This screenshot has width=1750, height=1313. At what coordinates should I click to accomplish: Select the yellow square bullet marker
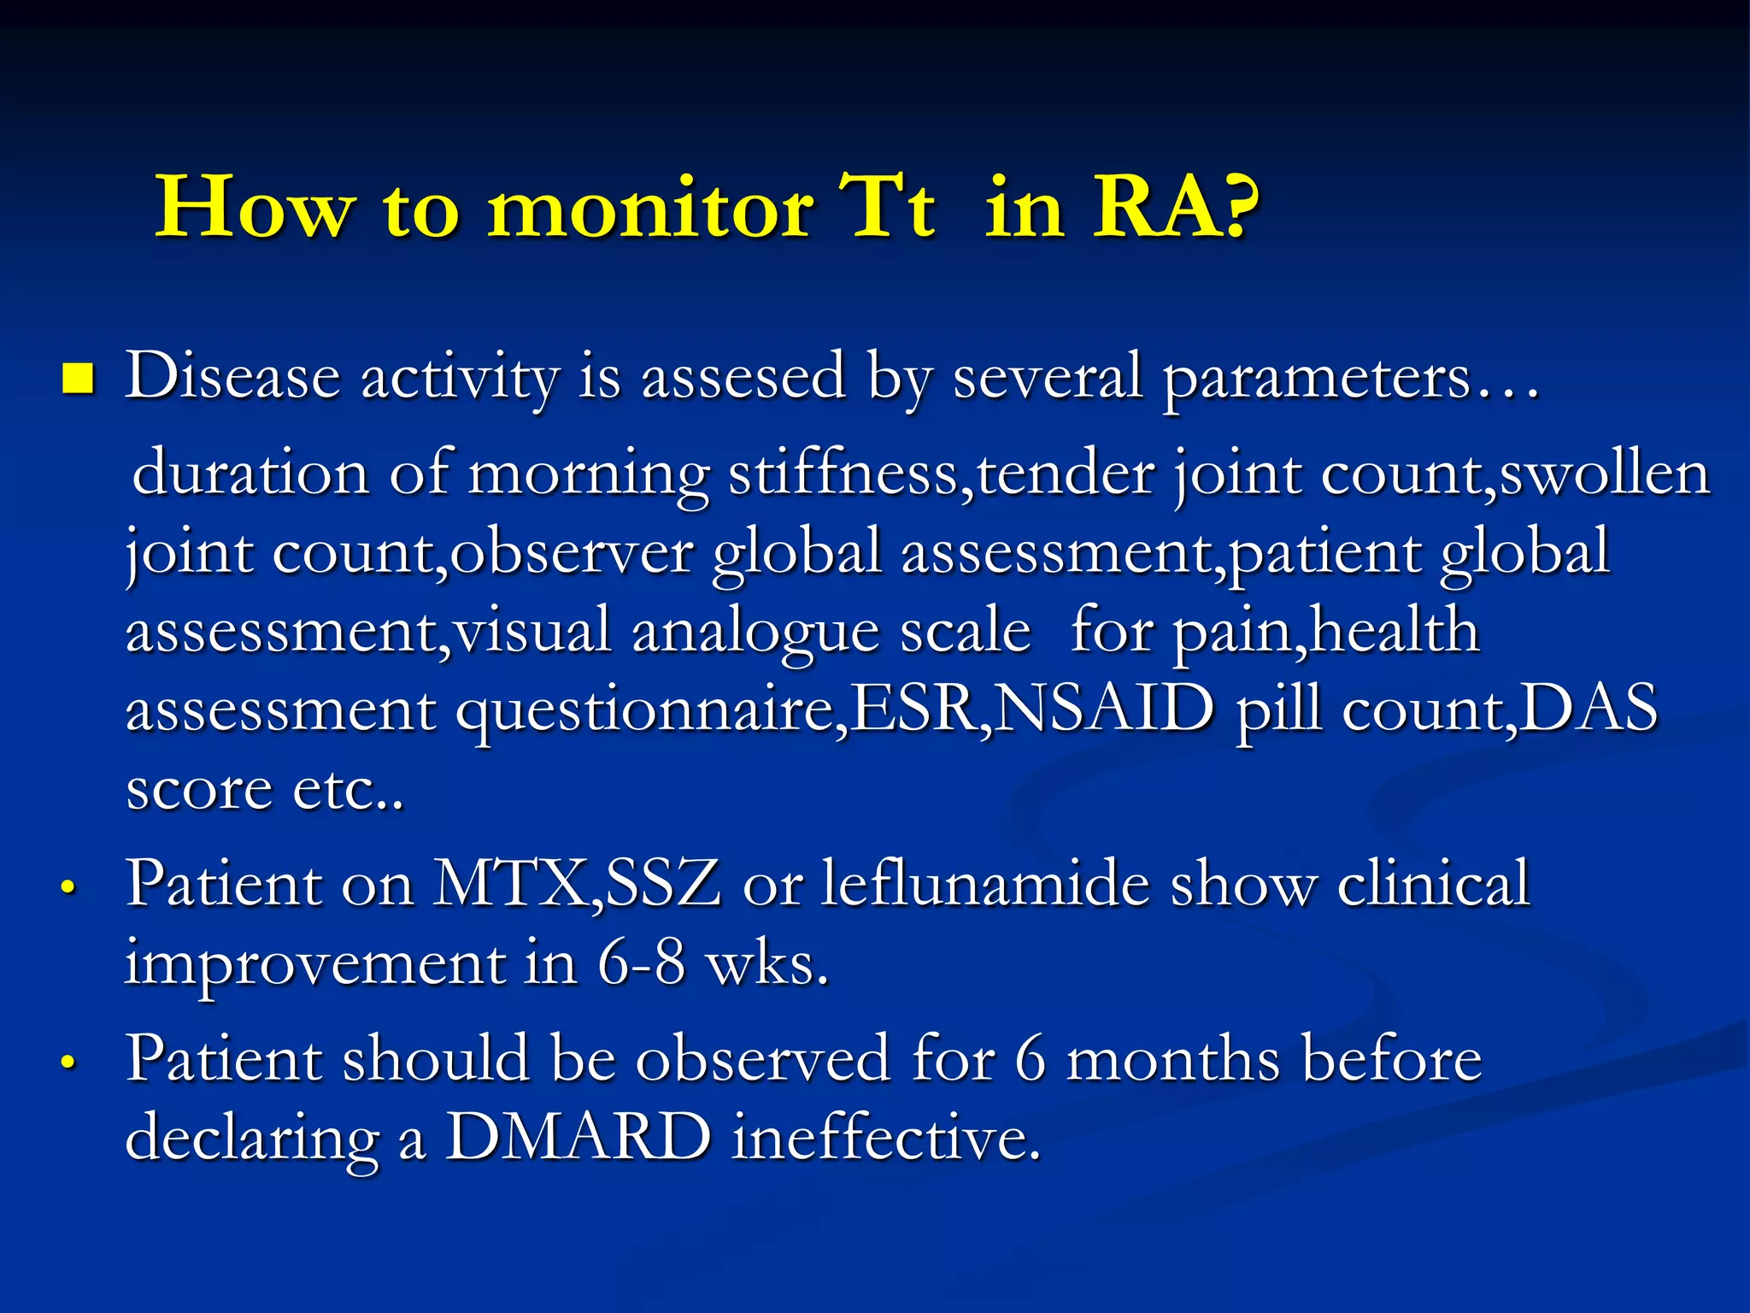click(x=78, y=379)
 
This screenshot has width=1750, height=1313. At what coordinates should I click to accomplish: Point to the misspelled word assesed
click(x=743, y=377)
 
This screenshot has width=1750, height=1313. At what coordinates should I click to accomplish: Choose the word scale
click(x=966, y=632)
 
